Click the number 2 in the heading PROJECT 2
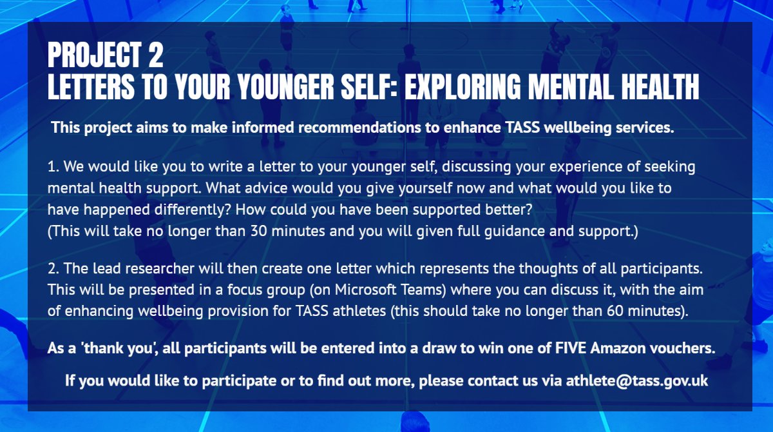pyautogui.click(x=155, y=57)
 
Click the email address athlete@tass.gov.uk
pyautogui.click(x=636, y=381)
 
